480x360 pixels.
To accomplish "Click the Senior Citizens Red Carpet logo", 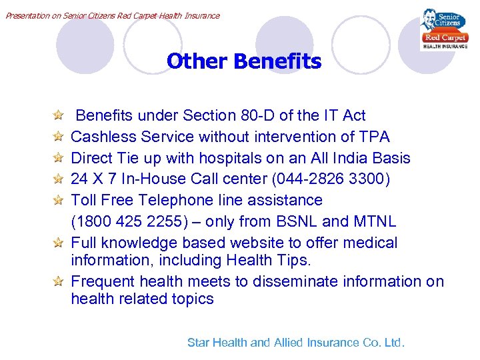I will tap(444, 30).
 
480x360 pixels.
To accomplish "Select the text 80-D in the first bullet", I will tap(262, 115).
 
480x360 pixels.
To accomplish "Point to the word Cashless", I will tap(101, 137).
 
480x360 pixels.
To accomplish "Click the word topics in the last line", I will tap(191, 299).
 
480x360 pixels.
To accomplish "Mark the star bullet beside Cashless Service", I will tap(59, 137).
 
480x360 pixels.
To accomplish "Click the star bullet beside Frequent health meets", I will tap(59, 282).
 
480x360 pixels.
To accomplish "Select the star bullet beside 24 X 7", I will tap(59, 180).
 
